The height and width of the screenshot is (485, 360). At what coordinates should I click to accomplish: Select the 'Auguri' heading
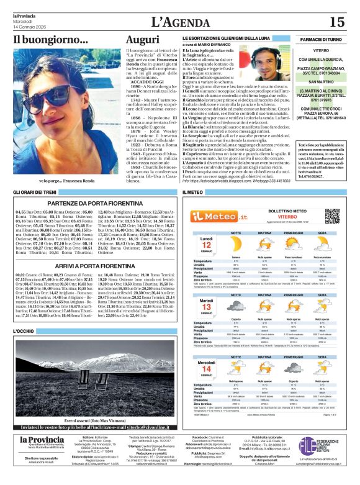[x=142, y=40]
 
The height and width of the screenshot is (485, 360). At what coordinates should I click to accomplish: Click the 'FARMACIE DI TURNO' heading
[x=320, y=39]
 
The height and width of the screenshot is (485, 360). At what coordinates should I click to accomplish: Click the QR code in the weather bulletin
[x=333, y=215]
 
